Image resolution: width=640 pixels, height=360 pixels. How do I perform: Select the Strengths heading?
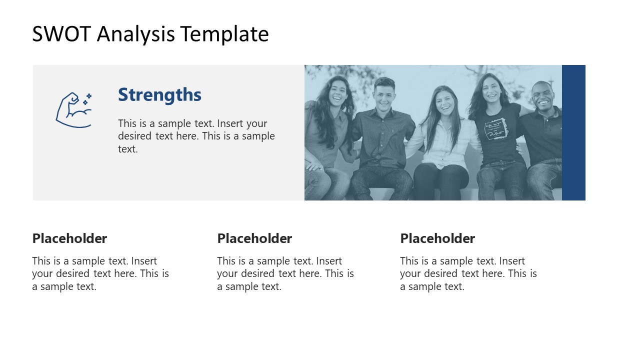(159, 94)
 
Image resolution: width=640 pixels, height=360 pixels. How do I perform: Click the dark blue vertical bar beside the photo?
(573, 132)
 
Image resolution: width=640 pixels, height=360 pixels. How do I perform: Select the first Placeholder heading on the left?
(69, 238)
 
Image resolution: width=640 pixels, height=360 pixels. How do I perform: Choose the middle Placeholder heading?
(254, 238)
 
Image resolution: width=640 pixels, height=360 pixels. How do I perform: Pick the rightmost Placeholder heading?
(437, 238)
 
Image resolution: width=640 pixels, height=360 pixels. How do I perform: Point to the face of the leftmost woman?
(338, 92)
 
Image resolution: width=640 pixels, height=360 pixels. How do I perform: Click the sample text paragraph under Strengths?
(196, 136)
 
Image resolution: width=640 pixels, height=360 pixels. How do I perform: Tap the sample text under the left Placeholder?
(100, 273)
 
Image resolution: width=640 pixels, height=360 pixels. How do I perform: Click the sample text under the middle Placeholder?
(285, 273)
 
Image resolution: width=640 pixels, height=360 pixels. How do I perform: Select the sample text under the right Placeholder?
(468, 273)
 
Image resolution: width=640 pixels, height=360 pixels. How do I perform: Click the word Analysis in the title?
(136, 34)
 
